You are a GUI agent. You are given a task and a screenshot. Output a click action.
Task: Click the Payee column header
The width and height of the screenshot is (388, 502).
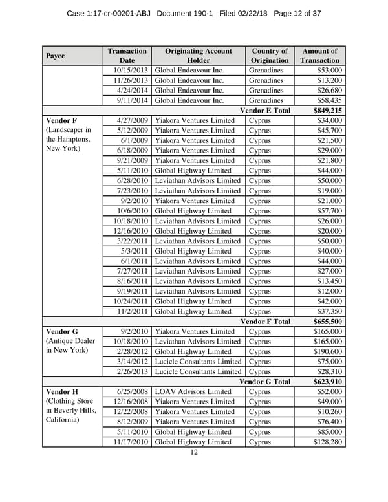(56, 56)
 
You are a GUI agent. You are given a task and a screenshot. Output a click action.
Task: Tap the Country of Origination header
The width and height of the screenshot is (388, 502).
(269, 56)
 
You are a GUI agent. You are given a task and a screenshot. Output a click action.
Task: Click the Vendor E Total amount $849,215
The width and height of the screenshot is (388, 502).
(328, 110)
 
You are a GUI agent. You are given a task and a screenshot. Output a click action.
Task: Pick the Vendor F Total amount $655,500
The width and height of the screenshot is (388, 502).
(328, 322)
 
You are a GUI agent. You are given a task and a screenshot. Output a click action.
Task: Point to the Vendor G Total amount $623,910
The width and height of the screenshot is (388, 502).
(328, 382)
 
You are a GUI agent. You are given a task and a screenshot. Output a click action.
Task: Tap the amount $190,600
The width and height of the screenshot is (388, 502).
(326, 351)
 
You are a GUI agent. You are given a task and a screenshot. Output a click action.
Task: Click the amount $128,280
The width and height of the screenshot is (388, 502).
(326, 442)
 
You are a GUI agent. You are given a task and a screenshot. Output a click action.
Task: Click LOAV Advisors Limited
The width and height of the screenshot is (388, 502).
(193, 392)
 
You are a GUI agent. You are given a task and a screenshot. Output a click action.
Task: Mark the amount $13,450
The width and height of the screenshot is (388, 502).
(328, 281)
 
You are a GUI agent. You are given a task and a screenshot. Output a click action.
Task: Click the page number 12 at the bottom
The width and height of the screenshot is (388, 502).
(193, 453)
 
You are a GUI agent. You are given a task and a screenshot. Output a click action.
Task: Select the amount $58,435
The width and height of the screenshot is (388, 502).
(328, 100)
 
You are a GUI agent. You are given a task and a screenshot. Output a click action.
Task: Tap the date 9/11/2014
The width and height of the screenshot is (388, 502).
(133, 100)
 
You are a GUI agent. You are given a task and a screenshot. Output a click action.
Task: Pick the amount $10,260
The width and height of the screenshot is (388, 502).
(328, 411)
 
